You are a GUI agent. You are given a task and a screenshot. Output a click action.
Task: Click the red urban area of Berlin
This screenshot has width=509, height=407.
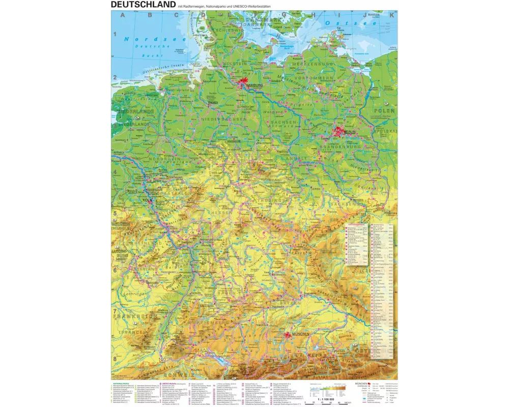click(340, 131)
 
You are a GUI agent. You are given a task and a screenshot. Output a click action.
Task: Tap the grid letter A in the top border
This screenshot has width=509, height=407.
click(121, 15)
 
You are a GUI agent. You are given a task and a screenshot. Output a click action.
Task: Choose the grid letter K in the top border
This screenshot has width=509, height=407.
click(391, 15)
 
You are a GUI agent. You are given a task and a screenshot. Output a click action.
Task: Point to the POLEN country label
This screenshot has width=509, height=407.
click(385, 110)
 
